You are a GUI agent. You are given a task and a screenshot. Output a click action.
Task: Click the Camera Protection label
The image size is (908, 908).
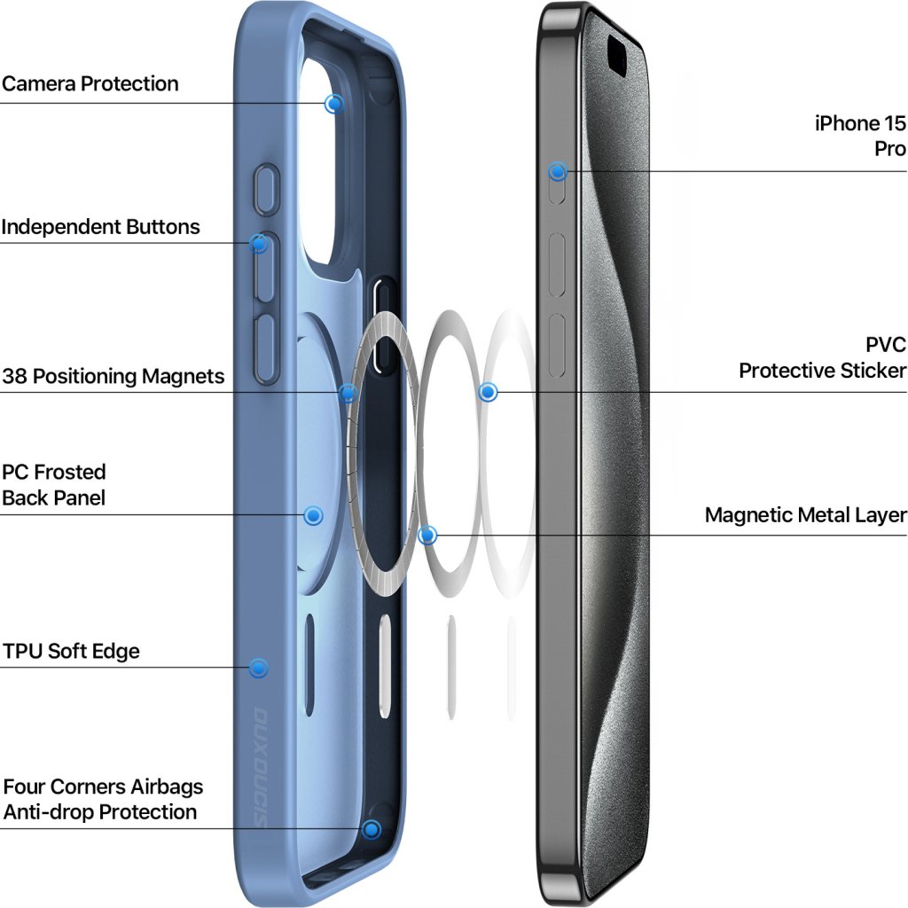click(x=90, y=84)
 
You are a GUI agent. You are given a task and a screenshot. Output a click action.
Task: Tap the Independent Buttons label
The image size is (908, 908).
click(x=100, y=227)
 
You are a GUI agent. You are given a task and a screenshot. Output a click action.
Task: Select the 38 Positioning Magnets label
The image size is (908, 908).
click(x=113, y=376)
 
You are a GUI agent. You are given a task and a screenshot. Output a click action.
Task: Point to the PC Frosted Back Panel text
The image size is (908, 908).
click(x=54, y=484)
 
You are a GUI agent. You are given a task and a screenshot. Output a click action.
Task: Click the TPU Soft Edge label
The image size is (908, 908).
click(x=71, y=652)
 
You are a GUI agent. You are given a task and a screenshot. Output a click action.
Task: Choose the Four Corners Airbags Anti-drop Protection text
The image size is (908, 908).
click(x=102, y=799)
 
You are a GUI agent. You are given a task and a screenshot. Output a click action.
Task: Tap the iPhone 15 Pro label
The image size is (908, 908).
click(x=860, y=136)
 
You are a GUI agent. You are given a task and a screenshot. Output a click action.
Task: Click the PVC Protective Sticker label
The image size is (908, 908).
click(x=823, y=357)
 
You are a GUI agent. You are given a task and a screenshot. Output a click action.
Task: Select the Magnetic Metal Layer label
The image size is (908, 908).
click(x=805, y=515)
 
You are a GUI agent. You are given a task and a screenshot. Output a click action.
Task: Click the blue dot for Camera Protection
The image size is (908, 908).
click(x=333, y=104)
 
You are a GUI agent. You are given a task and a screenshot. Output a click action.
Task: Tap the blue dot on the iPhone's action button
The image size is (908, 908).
click(x=558, y=171)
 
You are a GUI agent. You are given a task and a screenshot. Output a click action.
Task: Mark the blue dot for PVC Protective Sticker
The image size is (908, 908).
click(x=488, y=391)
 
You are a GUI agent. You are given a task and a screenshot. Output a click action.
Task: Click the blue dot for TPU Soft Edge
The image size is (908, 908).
click(x=258, y=668)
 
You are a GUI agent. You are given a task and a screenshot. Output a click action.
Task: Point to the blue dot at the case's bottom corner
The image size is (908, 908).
click(x=372, y=829)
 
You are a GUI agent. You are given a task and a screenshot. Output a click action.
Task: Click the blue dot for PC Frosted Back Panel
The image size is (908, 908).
click(x=313, y=515)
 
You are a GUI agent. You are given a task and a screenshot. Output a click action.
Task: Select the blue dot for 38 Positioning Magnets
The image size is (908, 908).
click(x=348, y=392)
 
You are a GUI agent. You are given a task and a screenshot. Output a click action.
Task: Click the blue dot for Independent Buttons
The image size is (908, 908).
click(x=259, y=243)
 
